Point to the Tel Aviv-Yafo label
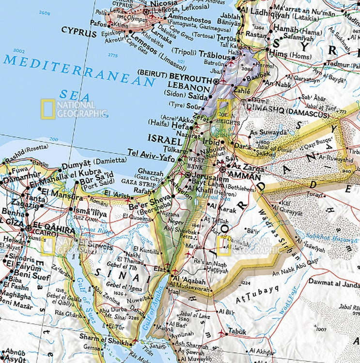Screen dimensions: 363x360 coord(152,152)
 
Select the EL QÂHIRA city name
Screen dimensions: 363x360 coord(47,227)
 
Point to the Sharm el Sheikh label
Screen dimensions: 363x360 coord(100,337)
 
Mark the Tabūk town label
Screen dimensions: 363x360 coord(237,332)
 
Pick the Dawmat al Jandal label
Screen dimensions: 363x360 coord(334,285)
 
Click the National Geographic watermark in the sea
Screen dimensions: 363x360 coord(74,109)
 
